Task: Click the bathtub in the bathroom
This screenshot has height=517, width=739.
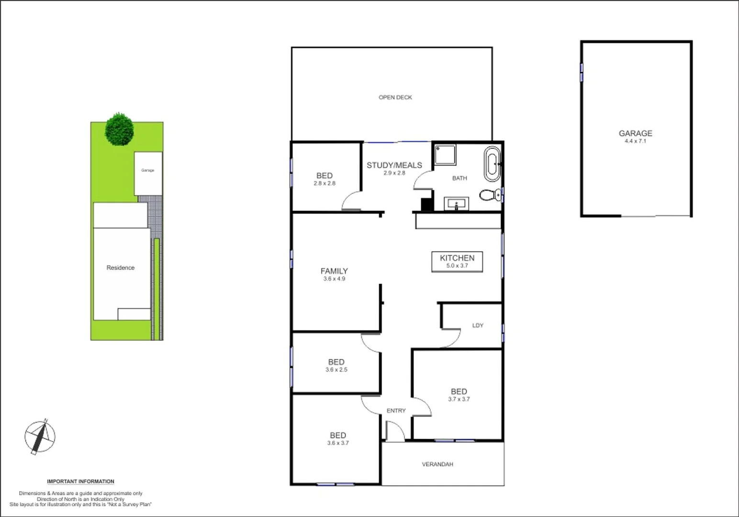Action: click(492, 164)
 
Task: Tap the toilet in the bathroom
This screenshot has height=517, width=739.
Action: click(489, 195)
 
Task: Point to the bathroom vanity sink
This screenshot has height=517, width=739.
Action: click(457, 204)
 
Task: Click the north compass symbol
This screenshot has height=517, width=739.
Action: click(40, 437)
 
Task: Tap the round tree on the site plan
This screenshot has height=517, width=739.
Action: click(119, 129)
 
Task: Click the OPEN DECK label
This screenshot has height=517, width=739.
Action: click(395, 97)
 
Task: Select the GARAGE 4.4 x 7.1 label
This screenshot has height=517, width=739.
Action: click(635, 136)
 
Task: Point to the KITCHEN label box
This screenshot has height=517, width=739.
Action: click(457, 261)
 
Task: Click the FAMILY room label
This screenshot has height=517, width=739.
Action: click(334, 271)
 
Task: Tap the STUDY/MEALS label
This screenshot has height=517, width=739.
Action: click(394, 165)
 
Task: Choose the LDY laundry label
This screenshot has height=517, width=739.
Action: click(478, 326)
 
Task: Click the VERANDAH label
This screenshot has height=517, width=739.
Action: click(437, 464)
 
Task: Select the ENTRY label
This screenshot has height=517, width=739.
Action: click(396, 411)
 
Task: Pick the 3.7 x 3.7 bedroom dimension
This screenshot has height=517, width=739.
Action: click(459, 399)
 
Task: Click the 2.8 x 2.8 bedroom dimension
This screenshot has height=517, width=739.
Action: click(325, 183)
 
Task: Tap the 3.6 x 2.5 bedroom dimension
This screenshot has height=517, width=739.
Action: click(336, 370)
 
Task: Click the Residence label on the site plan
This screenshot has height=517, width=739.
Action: click(121, 268)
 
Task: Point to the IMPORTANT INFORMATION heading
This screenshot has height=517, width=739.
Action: click(80, 482)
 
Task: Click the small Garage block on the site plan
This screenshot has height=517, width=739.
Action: click(148, 173)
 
